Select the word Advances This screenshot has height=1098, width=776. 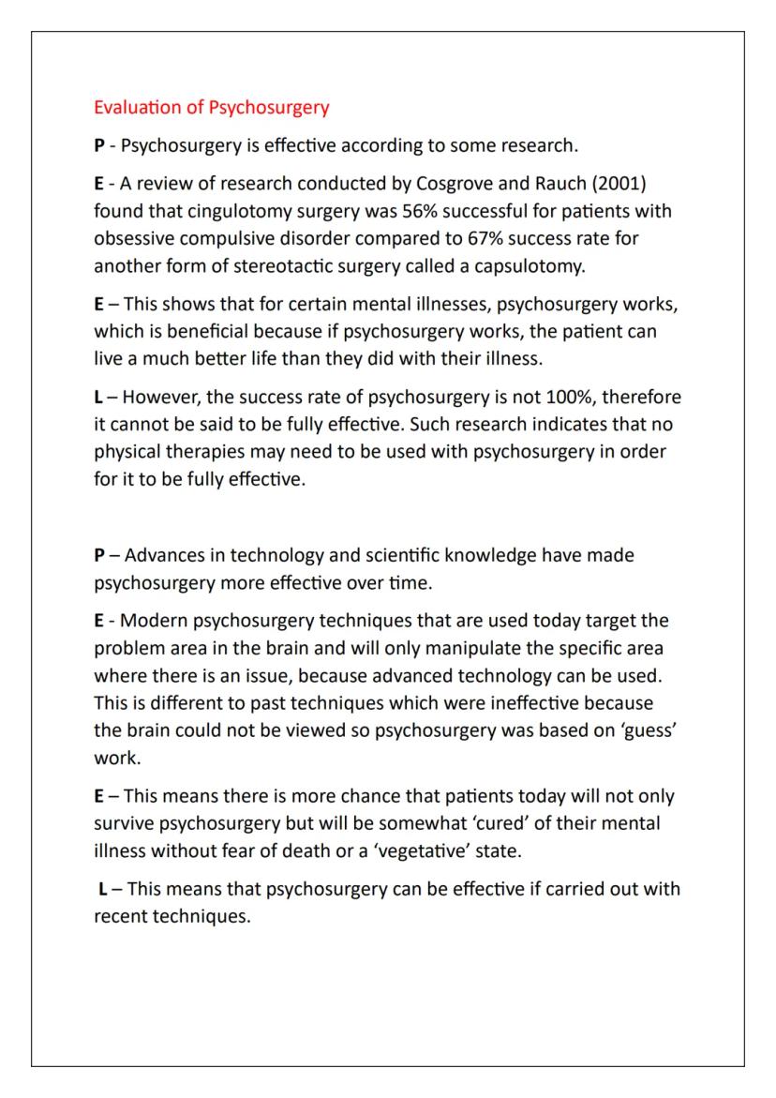pos(165,555)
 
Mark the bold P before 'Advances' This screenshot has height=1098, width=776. pos(99,555)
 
